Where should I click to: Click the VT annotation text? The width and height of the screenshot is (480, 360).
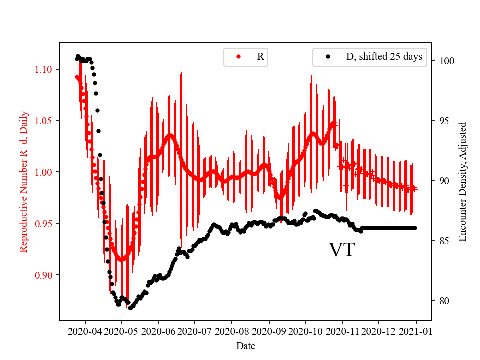(342, 250)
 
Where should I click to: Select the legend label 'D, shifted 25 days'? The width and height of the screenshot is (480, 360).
(384, 57)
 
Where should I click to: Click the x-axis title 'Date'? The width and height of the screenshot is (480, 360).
(245, 345)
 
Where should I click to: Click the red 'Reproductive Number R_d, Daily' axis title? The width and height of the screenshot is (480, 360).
(23, 181)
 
